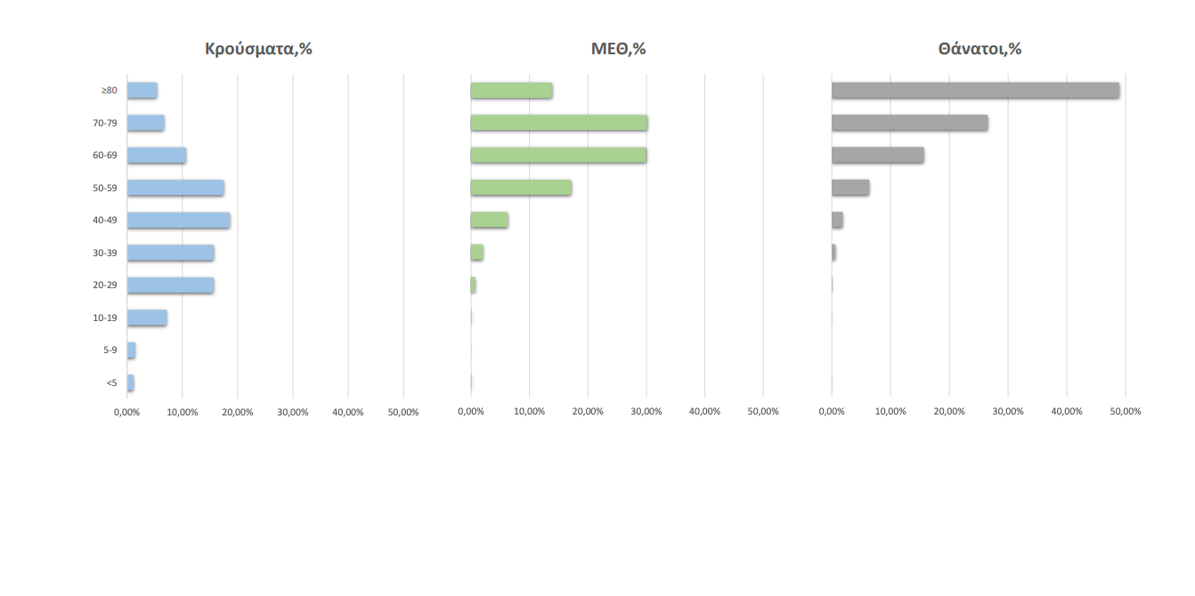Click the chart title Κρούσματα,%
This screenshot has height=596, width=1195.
[x=258, y=49]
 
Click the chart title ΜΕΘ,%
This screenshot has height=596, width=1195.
[x=618, y=49]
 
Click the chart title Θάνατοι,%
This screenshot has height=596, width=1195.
[x=979, y=49]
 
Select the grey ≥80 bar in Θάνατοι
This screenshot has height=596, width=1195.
[x=975, y=90]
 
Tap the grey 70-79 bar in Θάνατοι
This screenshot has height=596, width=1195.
[x=909, y=123]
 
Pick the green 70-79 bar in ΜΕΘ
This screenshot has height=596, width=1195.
[x=558, y=123]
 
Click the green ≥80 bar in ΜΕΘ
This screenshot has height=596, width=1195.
[x=511, y=90]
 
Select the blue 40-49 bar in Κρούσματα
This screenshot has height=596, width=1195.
[x=178, y=221]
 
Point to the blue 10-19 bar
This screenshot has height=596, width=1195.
[x=147, y=318]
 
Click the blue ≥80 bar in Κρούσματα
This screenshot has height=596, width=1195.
[x=142, y=90]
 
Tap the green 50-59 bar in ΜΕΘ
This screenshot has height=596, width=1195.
[x=521, y=188]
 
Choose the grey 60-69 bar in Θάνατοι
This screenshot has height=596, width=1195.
[x=877, y=155]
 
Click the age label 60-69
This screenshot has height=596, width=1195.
[x=105, y=156]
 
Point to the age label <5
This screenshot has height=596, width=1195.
[x=111, y=383]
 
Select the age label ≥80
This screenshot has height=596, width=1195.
[x=109, y=90]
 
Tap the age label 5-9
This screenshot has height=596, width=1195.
[x=110, y=350]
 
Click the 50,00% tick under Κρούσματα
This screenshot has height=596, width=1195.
[x=403, y=412]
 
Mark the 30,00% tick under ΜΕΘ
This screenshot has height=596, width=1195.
[x=646, y=412]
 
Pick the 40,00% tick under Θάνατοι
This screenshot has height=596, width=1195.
[x=1067, y=412]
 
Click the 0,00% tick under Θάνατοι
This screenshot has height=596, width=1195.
[x=832, y=412]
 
